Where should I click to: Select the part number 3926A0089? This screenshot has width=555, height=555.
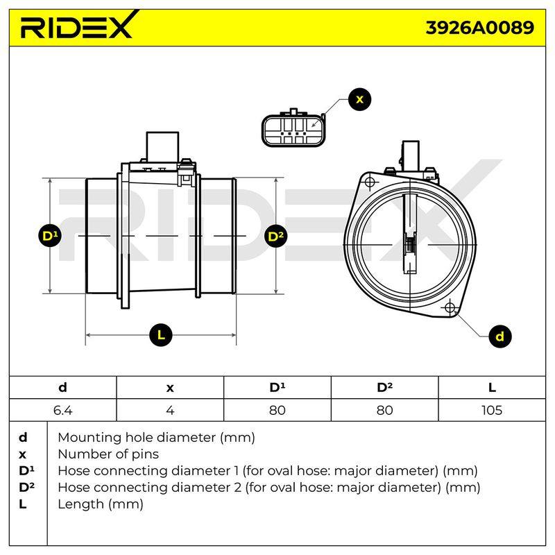[479, 28]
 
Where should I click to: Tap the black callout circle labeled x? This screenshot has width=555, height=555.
[359, 99]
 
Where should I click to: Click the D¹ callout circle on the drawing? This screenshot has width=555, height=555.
[50, 236]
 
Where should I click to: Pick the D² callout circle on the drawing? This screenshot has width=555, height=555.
[276, 236]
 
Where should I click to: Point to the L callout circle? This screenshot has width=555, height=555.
[161, 335]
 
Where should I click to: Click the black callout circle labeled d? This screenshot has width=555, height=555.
[499, 336]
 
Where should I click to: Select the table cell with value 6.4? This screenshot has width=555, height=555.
[62, 410]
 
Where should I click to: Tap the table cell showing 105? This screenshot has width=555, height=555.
[492, 410]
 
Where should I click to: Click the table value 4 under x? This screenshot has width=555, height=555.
[170, 410]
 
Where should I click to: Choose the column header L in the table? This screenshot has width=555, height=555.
[492, 388]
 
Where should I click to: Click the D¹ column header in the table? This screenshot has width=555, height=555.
[277, 388]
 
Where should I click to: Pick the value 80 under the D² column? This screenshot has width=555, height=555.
[384, 410]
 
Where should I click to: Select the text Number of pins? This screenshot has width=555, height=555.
[108, 454]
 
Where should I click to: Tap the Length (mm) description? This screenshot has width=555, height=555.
[101, 504]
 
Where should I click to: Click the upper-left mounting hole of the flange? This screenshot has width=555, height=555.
[370, 182]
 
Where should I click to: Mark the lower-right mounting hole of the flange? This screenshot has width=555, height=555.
[450, 307]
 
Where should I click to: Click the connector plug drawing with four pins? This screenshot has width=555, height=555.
[293, 128]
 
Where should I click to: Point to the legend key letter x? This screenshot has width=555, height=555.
[22, 455]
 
